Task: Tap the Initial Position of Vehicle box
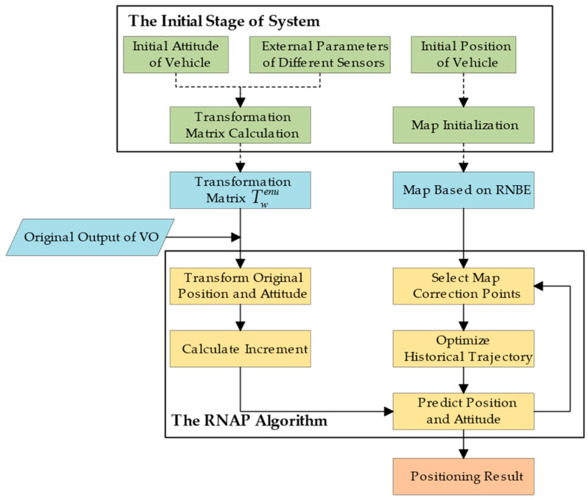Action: click(x=463, y=55)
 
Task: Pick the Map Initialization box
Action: click(x=463, y=125)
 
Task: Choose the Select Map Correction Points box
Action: click(x=463, y=285)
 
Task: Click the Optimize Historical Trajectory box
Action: click(x=463, y=347)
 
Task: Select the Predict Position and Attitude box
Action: click(x=463, y=410)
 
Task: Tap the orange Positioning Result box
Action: click(x=463, y=476)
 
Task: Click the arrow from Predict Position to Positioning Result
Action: click(x=463, y=443)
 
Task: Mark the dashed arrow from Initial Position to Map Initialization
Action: click(x=463, y=89)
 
